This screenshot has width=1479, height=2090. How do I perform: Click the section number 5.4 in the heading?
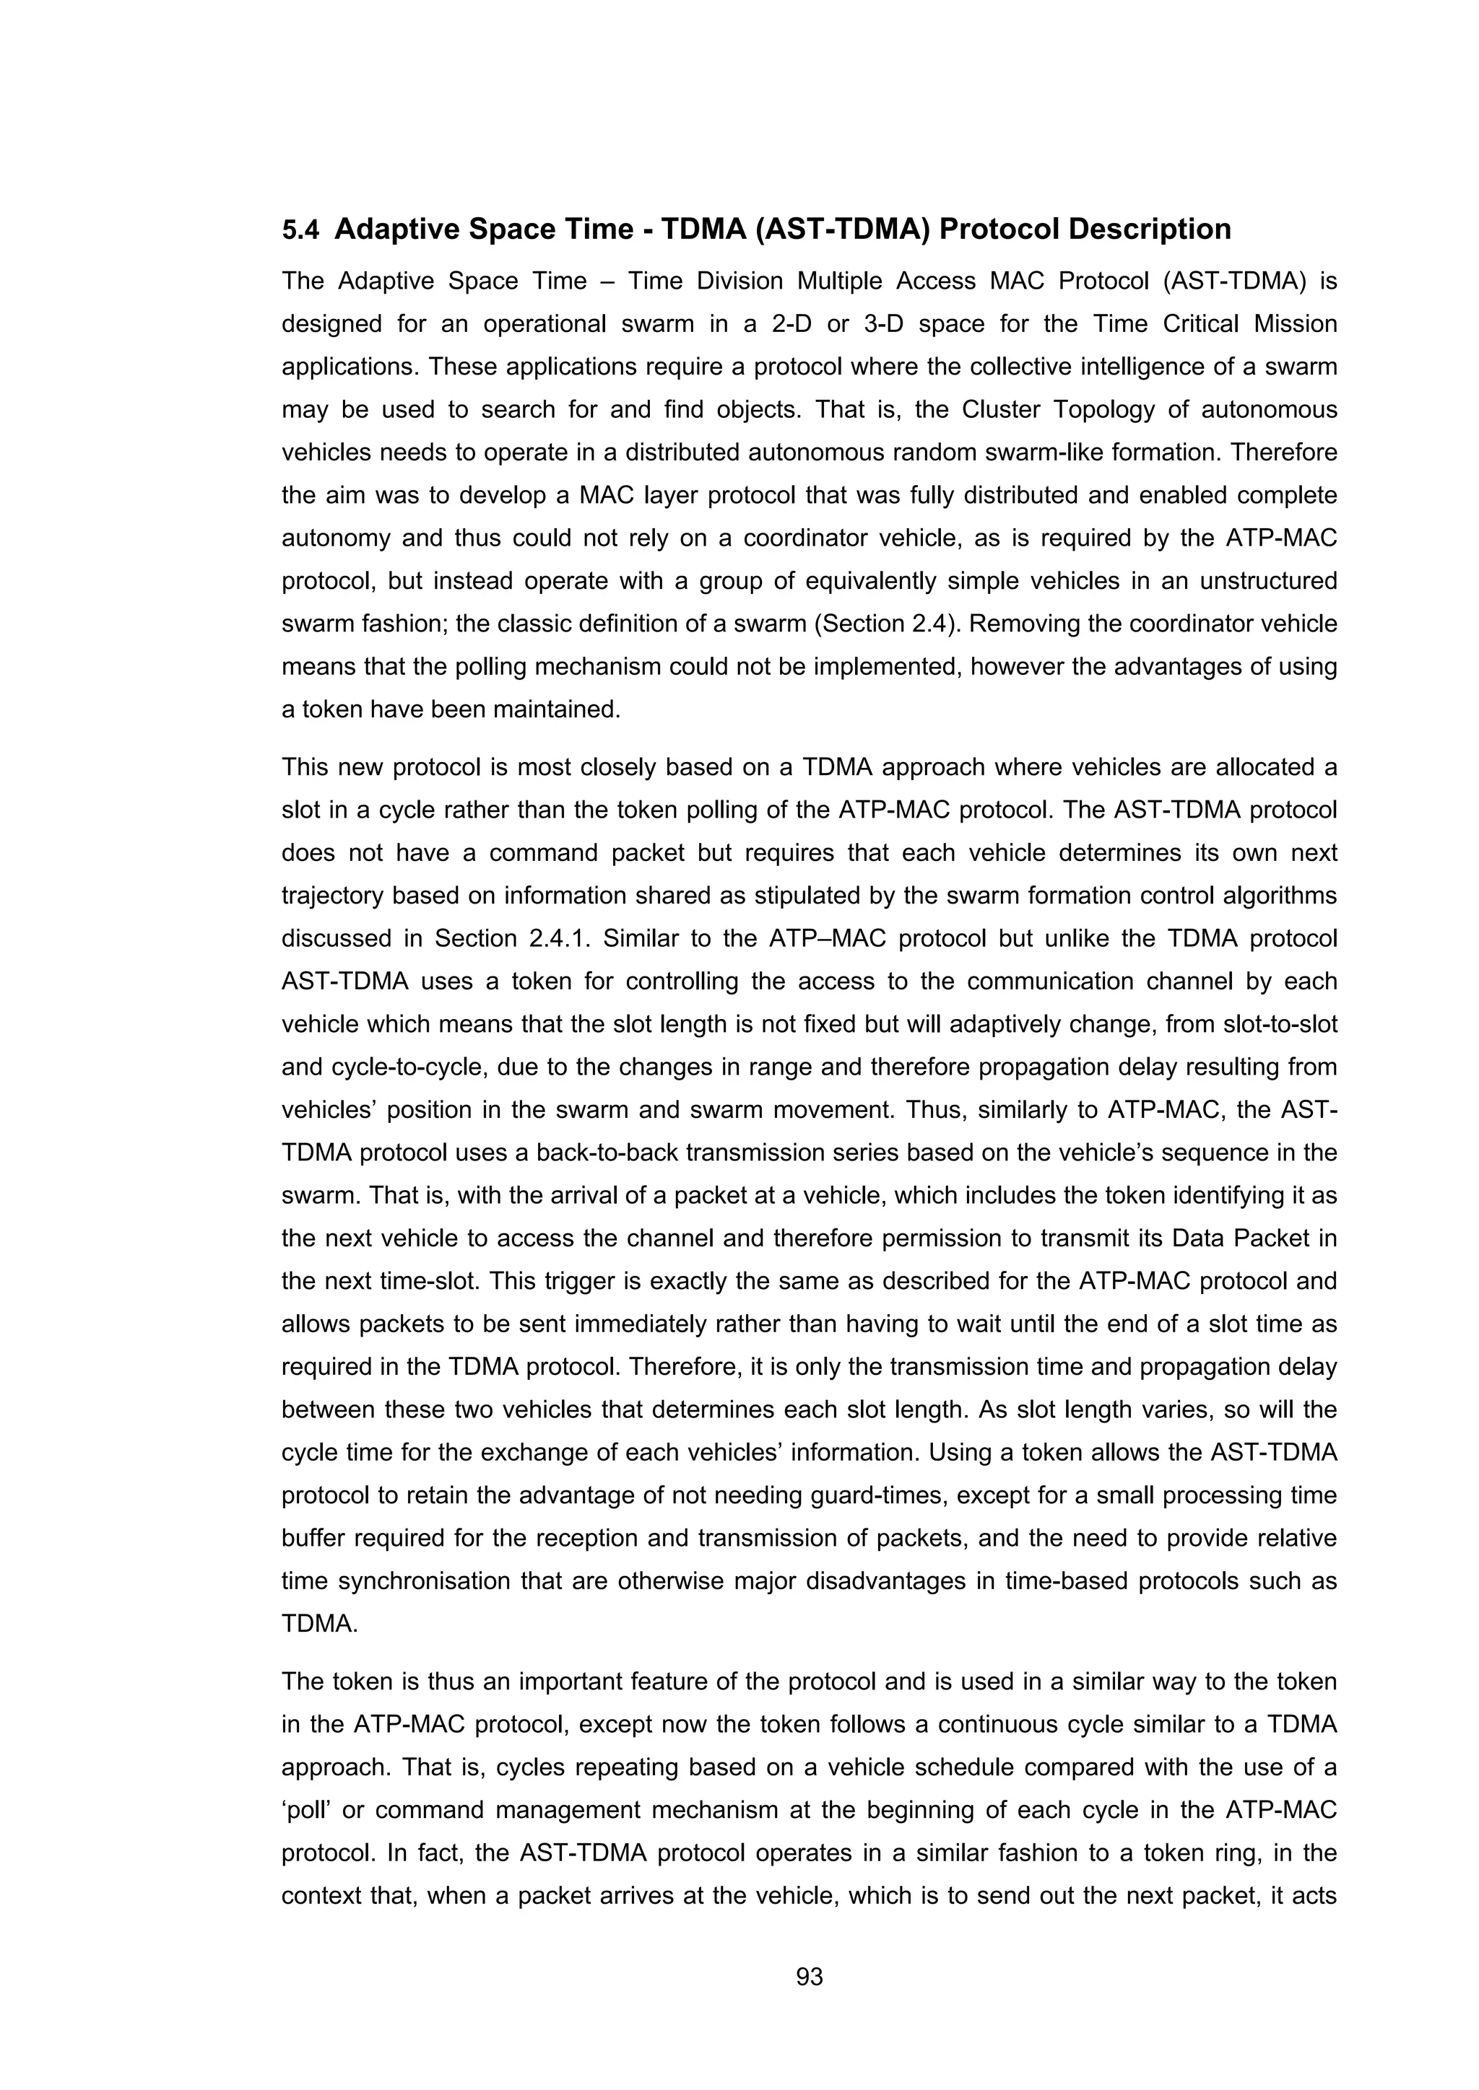(x=300, y=230)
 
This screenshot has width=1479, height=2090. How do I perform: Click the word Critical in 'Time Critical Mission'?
(x=1200, y=324)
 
